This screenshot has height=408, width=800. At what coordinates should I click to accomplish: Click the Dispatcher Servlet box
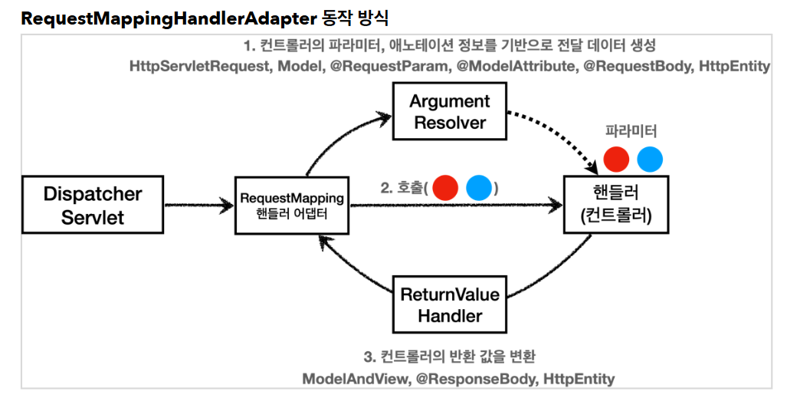(93, 204)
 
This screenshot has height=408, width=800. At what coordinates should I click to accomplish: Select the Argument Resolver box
(450, 112)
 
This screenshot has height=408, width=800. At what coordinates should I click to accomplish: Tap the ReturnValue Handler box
(449, 304)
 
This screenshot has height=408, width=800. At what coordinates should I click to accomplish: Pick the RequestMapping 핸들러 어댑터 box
(292, 205)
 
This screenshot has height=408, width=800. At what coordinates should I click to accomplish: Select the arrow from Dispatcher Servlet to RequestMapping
(198, 205)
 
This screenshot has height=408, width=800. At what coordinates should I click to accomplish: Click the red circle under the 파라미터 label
(617, 159)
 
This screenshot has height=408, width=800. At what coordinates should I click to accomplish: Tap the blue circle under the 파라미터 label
(650, 159)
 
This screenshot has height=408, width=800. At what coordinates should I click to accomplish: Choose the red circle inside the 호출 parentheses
(445, 188)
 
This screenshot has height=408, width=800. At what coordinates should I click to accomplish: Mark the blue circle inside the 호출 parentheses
(479, 188)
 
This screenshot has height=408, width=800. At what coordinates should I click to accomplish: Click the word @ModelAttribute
(515, 67)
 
